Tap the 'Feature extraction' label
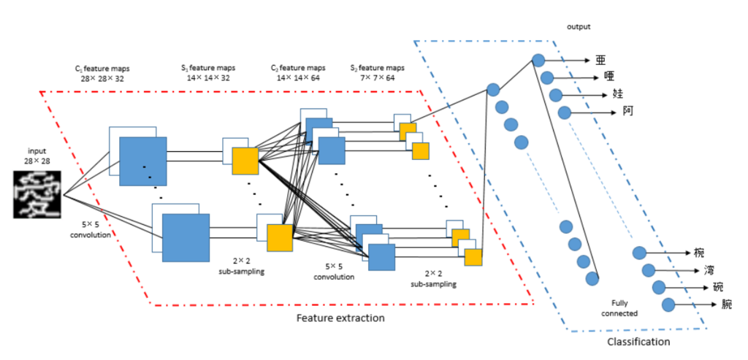340,318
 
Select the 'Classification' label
638,341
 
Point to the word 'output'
578,27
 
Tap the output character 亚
600,60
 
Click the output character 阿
627,112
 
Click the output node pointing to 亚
538,60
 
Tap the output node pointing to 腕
666,304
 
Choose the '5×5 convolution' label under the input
90,230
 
